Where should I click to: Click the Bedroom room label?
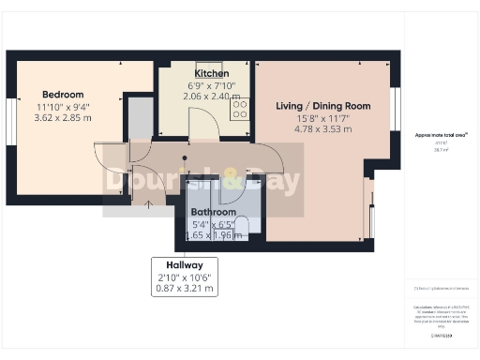(x=63, y=95)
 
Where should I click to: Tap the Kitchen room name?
(x=211, y=73)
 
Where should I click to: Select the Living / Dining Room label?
(x=323, y=106)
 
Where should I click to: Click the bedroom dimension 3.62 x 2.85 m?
(x=63, y=118)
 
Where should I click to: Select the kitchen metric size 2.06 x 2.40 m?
(x=211, y=96)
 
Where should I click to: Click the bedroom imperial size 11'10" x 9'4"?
(x=63, y=107)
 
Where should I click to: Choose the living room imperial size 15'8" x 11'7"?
(x=323, y=118)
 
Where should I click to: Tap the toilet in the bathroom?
(x=241, y=225)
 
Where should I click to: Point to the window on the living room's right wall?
(x=395, y=101)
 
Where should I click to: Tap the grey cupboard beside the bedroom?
(x=140, y=118)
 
